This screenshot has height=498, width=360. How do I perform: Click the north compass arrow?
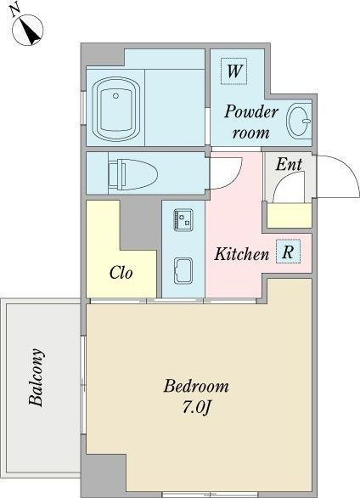(31, 32)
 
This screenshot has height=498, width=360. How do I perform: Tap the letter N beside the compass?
(14, 11)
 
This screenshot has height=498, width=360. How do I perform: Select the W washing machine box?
(233, 71)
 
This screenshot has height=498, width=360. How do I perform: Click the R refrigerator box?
(288, 252)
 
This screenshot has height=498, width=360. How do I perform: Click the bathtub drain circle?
(115, 95)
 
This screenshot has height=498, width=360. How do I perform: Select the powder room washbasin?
(299, 121)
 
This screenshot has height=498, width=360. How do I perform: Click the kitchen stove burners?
(183, 219)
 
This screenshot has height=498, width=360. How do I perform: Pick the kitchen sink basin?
(183, 271)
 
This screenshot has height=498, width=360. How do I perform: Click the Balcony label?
(36, 377)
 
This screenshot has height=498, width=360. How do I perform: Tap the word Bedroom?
(196, 386)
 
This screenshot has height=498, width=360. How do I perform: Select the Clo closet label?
(121, 272)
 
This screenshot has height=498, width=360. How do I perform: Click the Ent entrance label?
(289, 164)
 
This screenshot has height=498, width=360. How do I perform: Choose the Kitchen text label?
(241, 254)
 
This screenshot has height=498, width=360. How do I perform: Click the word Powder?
(251, 112)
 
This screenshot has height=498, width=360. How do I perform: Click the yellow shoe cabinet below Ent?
(290, 215)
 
